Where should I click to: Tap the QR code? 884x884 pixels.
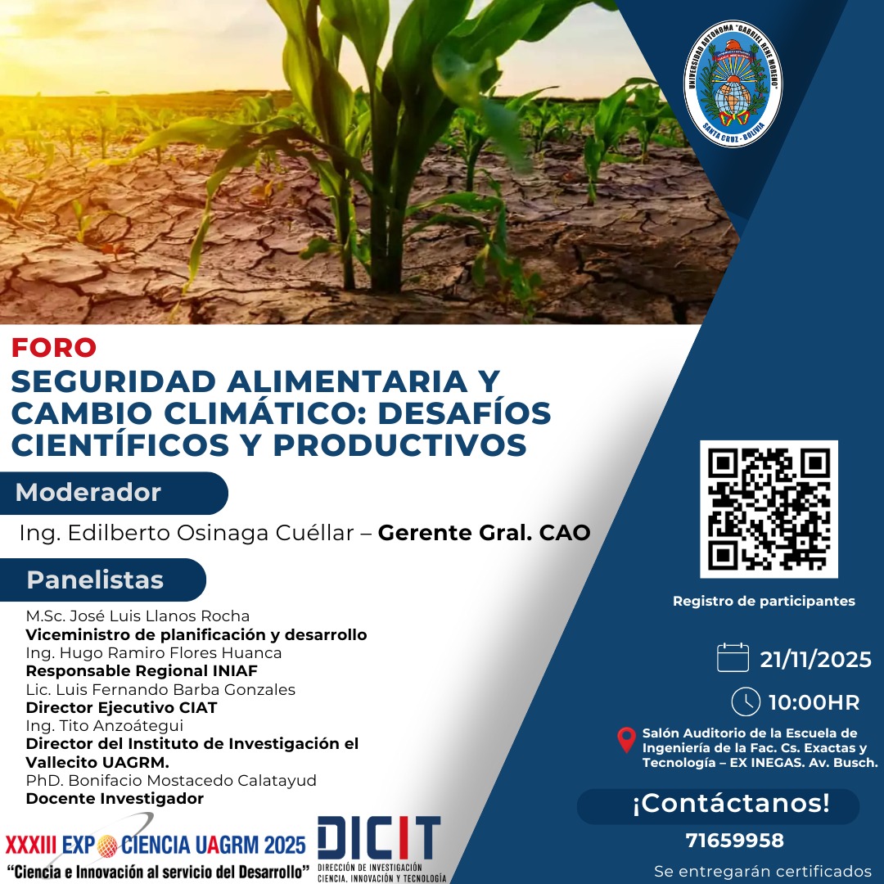pos(769,509)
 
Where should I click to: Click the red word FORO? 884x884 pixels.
pos(54,348)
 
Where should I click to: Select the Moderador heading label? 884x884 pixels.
pos(88,494)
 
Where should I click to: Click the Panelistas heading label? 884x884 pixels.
pos(95,580)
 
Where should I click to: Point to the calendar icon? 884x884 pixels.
pos(733,658)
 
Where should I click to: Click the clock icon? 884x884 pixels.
pos(746,701)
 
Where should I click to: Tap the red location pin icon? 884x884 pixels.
pos(626,740)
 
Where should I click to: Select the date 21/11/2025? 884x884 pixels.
pos(816,660)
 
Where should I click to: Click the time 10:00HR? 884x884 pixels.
pos(814,702)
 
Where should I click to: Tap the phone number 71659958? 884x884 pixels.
pos(734,841)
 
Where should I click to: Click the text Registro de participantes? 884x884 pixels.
pos(764,602)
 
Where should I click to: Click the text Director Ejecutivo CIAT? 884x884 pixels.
pos(121,707)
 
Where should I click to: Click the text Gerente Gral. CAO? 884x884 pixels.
pos(484,533)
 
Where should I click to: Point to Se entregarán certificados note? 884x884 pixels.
pos(763,871)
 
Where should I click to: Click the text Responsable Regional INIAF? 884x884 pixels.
pos(142,671)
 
